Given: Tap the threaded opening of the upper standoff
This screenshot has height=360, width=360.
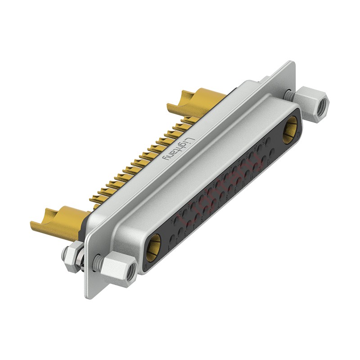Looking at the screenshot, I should point(322,106).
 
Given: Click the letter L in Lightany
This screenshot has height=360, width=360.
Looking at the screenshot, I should point(191,140).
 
